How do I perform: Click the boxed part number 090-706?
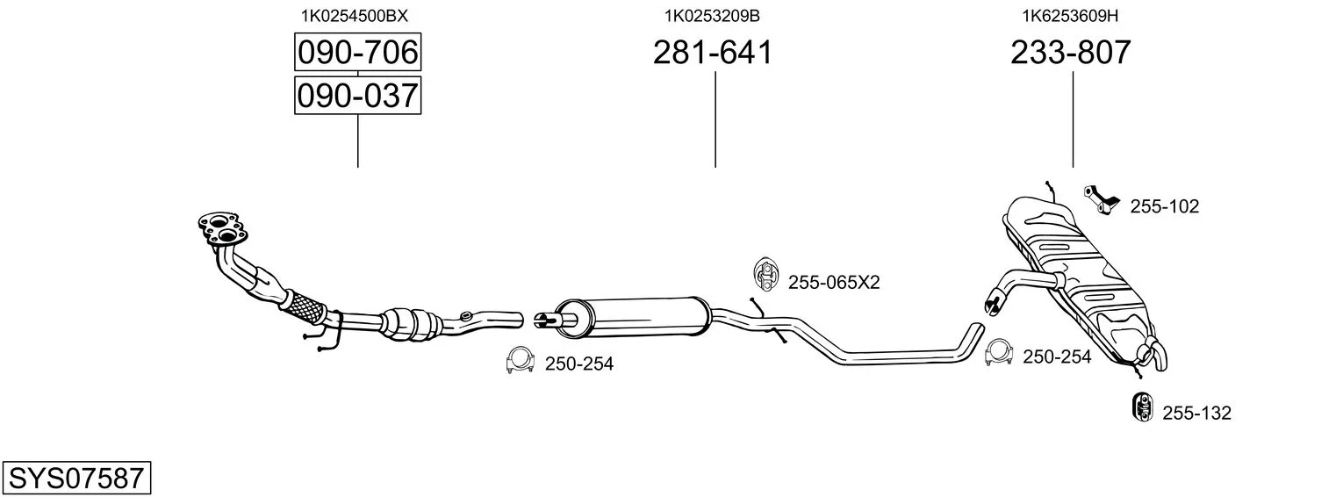click(x=357, y=52)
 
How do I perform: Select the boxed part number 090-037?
click(x=357, y=96)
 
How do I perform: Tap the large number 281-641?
click(x=713, y=52)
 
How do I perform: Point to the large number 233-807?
click(x=1071, y=52)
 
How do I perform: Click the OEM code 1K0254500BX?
click(x=355, y=16)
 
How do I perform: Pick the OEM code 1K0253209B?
click(x=712, y=16)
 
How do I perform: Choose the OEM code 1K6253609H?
click(x=1070, y=16)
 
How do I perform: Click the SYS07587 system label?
click(x=76, y=478)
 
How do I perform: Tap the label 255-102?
click(x=1164, y=206)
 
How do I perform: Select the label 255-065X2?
click(x=834, y=282)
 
